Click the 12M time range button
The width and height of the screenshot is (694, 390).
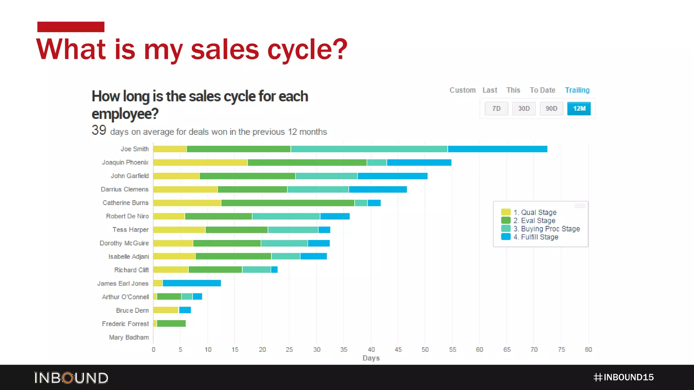coord(579,109)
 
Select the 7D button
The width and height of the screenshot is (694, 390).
coord(496,109)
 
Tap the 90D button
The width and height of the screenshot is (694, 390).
coord(551,109)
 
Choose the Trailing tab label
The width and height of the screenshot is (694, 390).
coord(577,90)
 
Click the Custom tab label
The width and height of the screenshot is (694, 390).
coord(462,90)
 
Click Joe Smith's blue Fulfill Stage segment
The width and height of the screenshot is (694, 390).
coord(497,149)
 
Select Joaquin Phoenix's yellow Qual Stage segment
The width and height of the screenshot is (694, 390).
coord(200,162)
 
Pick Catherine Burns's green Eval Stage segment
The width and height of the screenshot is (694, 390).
coord(287,203)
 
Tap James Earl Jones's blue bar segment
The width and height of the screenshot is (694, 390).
coord(191,283)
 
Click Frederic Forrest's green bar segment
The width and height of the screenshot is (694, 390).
coord(171,324)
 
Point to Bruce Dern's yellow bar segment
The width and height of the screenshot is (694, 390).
coord(165,310)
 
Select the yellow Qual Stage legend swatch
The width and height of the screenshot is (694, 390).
coord(506,212)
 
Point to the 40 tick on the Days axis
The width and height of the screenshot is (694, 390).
coord(371,349)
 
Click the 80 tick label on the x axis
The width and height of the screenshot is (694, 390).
coord(588,349)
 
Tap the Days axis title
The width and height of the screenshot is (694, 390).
coord(371,358)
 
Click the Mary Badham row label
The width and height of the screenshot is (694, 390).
coord(129,337)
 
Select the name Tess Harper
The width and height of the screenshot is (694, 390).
coord(130,230)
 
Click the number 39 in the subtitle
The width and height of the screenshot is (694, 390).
coord(99,130)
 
